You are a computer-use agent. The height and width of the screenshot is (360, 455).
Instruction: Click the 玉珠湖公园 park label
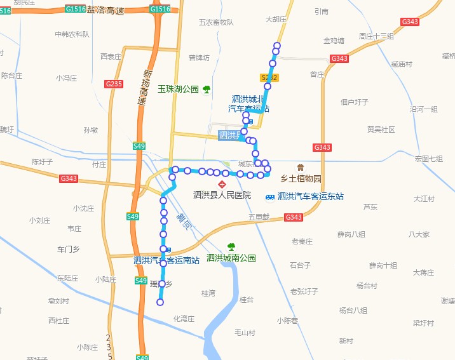pos(179,90)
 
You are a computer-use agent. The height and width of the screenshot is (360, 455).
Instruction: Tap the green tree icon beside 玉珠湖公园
pos(207,90)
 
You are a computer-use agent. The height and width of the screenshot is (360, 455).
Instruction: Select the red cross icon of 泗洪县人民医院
pos(222,184)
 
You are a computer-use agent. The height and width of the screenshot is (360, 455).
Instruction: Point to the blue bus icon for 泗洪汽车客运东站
pos(270,197)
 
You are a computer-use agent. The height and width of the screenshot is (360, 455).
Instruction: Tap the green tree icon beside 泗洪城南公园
pos(231,246)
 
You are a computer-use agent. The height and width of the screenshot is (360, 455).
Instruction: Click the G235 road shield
pos(114,84)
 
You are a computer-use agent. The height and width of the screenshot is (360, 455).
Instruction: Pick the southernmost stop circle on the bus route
pos(160,302)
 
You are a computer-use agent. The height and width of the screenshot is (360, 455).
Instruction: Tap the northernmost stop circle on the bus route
pos(276,45)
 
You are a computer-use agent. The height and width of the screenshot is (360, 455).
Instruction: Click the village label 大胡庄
pos(276,20)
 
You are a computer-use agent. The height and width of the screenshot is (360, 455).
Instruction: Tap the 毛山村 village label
pos(245,332)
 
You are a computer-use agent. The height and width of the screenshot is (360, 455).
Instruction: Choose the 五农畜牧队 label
pos(216,22)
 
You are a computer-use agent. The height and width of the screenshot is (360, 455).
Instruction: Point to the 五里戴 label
pos(259,217)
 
